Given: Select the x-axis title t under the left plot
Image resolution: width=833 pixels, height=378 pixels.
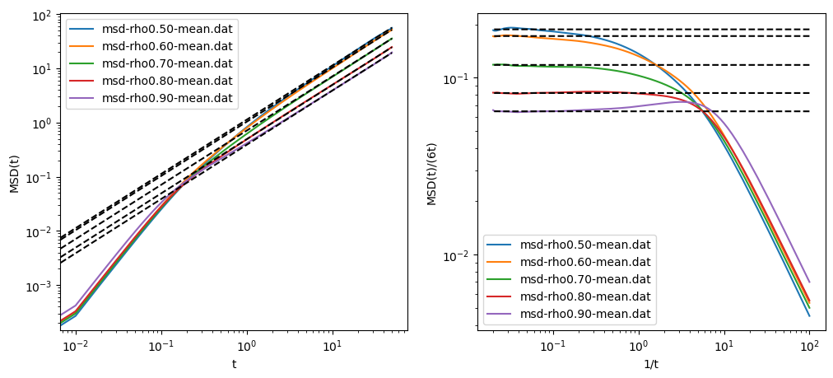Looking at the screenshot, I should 234,363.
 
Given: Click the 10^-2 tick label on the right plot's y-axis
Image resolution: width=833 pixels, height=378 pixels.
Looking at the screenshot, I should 457,256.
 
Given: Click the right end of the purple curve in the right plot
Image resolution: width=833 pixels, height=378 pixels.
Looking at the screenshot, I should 809,282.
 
